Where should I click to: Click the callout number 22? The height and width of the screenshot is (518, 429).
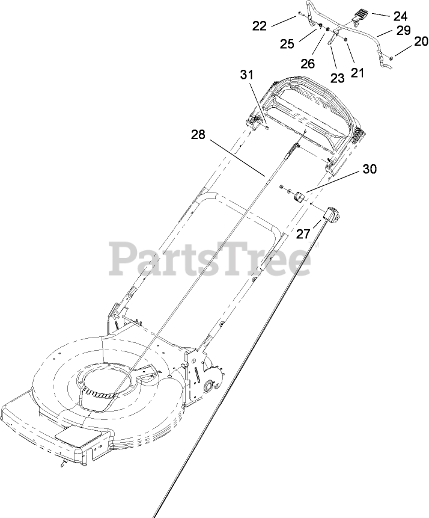260,25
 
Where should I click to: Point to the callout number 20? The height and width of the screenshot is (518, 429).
421,42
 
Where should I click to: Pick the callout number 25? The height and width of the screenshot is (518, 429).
288,45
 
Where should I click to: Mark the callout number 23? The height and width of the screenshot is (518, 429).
337,78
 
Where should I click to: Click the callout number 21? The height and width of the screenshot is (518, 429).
357,72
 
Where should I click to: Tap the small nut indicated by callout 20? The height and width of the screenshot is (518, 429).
391,57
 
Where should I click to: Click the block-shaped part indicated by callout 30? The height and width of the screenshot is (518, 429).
297,197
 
